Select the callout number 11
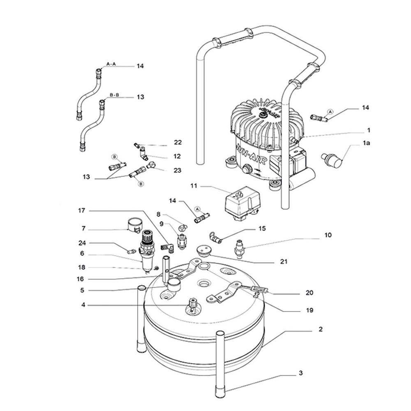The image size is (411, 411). (194, 186)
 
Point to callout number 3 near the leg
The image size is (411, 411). (300, 373)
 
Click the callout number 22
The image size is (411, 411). (178, 142)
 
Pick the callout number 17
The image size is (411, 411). (81, 211)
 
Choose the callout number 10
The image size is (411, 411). (328, 236)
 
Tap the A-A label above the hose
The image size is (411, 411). (111, 64)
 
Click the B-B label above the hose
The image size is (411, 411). (113, 95)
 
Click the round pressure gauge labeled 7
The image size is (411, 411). (134, 224)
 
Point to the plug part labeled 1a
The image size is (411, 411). (332, 159)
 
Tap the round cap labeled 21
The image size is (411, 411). (203, 250)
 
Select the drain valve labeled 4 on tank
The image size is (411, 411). (192, 306)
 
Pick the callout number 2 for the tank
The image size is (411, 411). (320, 329)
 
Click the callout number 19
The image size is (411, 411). (309, 310)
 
